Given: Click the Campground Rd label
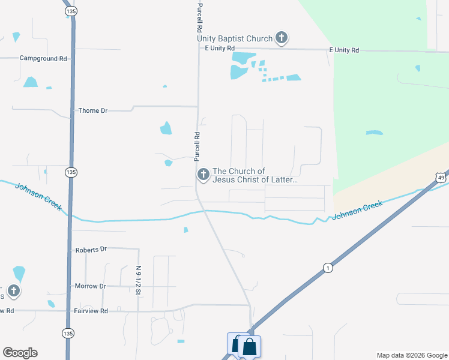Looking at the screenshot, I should pos(43,59).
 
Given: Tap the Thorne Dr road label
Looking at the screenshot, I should pos(92,111).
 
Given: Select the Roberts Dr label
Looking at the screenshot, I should pos(90,249).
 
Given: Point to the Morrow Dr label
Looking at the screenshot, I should pos(89,286).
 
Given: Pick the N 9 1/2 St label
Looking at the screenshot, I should pos(138,280).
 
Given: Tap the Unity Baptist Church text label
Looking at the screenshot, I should pos(235,39).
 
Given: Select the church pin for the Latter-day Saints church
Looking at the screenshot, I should pos(203,175).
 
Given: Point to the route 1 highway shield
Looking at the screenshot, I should pos(327,268).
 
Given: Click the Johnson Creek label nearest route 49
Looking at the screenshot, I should pos(358,209).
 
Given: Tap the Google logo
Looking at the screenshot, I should pos(20,353).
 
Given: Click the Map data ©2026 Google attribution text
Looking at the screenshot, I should pos(411,355).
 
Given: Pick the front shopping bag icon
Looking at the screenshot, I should pos(249,347).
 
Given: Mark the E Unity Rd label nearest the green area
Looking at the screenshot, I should pos(344,51).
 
